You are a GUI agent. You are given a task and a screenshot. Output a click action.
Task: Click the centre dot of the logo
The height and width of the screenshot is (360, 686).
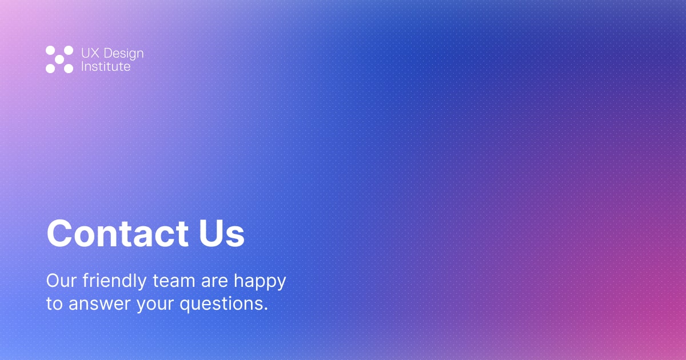point(59,59)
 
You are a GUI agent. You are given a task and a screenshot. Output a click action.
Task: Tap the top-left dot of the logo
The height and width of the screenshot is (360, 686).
point(50,50)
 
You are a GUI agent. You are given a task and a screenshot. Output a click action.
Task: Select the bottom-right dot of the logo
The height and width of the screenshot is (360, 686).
point(69,69)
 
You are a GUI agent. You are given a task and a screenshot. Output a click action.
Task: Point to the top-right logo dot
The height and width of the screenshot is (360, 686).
point(69,50)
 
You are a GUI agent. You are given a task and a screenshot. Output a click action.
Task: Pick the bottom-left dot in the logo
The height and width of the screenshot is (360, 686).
point(50,69)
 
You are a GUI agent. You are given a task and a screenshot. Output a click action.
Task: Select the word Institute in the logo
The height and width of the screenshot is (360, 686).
point(106,67)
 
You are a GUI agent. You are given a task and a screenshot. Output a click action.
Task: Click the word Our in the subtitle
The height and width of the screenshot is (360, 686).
point(61,281)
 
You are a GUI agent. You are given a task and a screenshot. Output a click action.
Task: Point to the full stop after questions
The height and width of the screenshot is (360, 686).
point(266,309)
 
